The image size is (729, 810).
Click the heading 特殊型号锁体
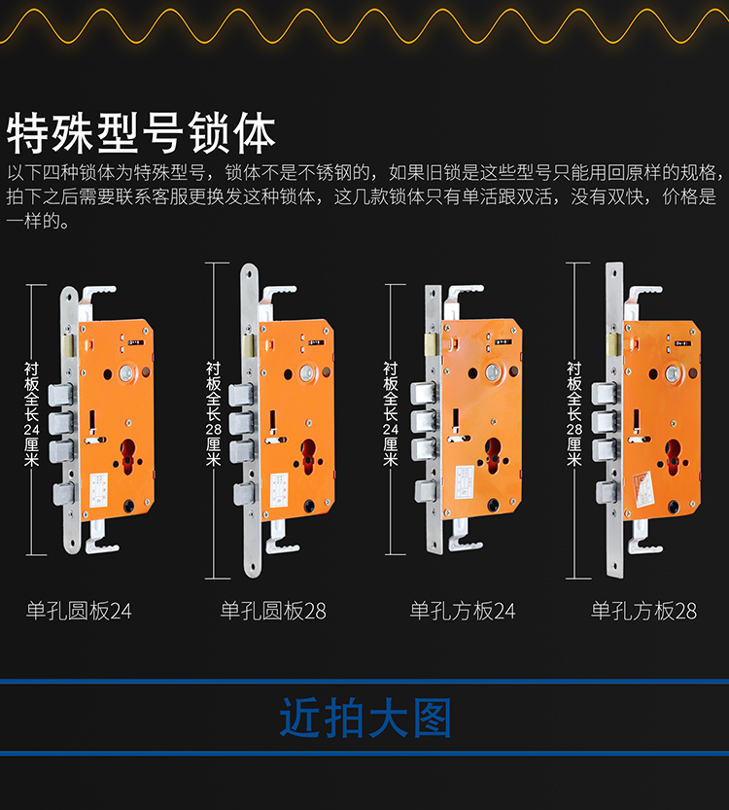click(141, 133)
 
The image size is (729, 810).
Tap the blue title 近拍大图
click(365, 718)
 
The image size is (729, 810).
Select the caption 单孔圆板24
click(79, 611)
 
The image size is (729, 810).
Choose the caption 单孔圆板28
click(273, 611)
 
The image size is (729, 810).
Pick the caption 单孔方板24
click(463, 611)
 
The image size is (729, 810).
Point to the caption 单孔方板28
click(643, 611)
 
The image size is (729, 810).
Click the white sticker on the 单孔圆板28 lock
click(279, 489)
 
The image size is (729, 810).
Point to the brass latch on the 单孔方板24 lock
click(431, 343)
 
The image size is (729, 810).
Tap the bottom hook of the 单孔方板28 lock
click(644, 542)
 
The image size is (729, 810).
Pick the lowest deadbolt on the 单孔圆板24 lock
click(63, 494)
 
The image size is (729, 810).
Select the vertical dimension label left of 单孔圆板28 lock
click(213, 414)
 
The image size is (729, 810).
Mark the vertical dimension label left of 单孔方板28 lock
click(574, 414)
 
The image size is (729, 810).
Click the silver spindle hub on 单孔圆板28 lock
click(307, 372)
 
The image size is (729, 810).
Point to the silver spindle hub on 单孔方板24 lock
click(492, 371)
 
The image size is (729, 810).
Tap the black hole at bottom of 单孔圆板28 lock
click(309, 506)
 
